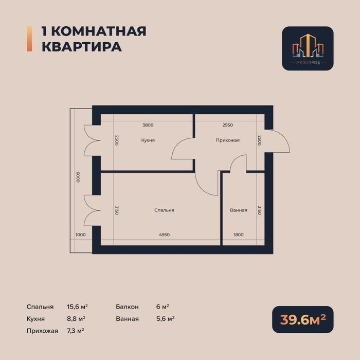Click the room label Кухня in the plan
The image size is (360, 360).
coord(148,140)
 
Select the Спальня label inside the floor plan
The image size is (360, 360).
coord(164,210)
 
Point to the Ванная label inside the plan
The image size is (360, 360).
coord(239,210)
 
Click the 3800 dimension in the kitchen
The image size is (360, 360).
coord(148,125)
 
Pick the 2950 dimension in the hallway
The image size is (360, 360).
coord(228,125)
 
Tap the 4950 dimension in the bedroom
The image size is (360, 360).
coord(164,235)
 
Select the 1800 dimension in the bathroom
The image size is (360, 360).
coord(238,235)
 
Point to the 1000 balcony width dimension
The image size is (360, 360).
coord(80,235)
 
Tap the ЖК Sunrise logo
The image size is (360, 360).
coord(308,48)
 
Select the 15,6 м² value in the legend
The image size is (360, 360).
coord(76,307)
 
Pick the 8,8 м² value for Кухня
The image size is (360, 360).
coord(76,319)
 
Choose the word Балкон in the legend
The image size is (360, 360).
coord(128,307)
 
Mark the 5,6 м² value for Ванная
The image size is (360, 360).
coord(165,319)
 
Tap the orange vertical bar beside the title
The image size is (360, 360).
coord(29,39)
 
